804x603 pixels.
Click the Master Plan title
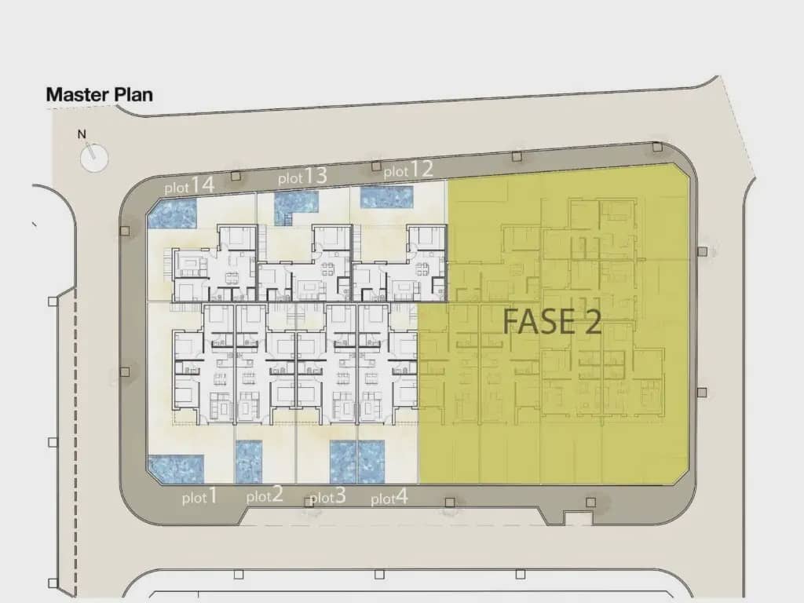pos(99,95)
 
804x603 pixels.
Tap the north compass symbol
pos(94,156)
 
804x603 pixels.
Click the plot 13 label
pos(302,177)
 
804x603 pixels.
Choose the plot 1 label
pos(199,496)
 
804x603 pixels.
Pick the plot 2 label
pos(264,495)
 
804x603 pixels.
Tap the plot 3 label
pos(327,497)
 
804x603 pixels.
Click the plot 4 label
pos(389,497)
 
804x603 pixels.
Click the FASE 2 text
pos(552,322)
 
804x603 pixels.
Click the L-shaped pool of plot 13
pos(294,206)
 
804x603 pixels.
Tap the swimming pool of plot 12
pos(386,197)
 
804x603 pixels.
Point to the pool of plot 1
pos(176,469)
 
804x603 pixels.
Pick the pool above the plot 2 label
pos(249,462)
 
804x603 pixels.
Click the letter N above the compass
pos(82,134)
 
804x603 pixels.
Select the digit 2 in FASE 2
pos(592,322)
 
